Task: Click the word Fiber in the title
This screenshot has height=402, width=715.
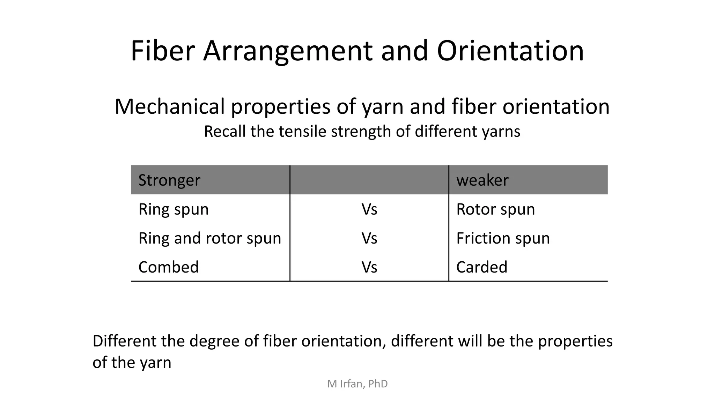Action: (162, 51)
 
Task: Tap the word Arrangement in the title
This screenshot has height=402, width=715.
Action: (288, 52)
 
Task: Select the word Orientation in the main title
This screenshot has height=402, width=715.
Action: (510, 51)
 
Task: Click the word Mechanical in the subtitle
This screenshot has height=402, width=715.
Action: (169, 106)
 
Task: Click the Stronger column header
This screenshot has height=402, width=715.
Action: (169, 180)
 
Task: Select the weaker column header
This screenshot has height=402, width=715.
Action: (482, 180)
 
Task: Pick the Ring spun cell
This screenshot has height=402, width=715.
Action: (174, 209)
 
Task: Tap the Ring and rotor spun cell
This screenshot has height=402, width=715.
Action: (209, 238)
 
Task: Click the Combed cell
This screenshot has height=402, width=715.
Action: (168, 267)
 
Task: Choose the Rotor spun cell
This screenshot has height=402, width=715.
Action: (495, 209)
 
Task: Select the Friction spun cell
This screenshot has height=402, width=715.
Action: (503, 238)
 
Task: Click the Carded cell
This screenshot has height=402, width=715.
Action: (481, 267)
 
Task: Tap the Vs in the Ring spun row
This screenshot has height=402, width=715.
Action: (369, 209)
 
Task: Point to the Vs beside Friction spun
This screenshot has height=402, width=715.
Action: (369, 238)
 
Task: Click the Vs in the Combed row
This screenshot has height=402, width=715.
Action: (369, 267)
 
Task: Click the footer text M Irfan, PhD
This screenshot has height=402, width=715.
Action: (357, 384)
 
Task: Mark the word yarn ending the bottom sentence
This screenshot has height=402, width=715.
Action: (156, 363)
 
